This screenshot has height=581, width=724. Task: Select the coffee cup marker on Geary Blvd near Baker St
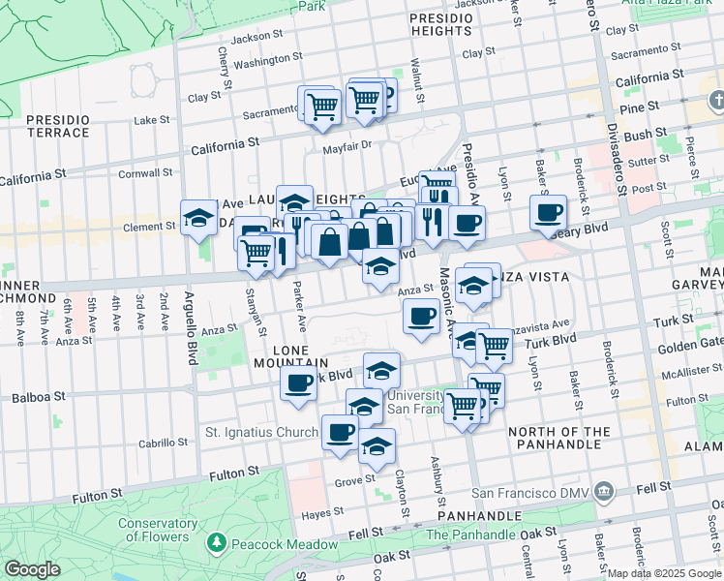point(549,213)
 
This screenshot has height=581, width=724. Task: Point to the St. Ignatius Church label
point(261,432)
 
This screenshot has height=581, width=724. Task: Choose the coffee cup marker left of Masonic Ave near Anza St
point(420,317)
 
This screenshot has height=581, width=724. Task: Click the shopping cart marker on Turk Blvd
point(494,345)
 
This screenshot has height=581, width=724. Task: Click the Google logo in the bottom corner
point(32,569)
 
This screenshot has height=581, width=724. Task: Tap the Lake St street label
point(151,120)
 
